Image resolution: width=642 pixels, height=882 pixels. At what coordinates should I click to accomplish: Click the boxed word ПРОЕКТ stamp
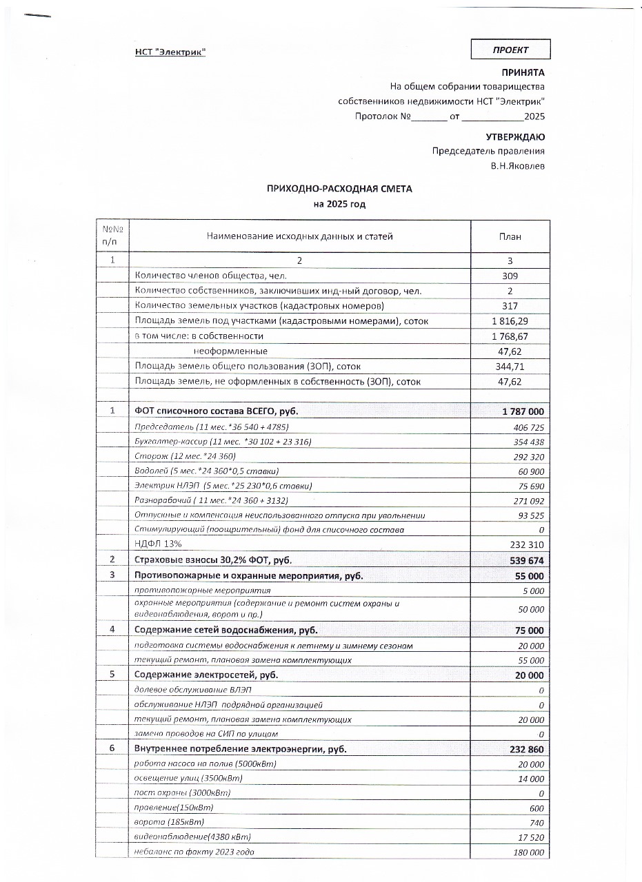[510, 50]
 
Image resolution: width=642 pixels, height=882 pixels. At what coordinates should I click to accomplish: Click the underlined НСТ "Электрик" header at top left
[170, 52]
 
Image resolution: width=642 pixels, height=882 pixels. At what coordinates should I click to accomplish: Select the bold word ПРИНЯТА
[523, 72]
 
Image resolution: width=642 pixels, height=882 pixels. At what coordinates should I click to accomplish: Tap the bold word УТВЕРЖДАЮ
[515, 137]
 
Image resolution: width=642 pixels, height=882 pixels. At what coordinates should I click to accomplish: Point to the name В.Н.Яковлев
[517, 165]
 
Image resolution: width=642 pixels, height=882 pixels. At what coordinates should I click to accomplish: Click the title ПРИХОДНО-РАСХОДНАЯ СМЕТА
[339, 189]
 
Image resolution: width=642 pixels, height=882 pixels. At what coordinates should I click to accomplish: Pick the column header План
[510, 236]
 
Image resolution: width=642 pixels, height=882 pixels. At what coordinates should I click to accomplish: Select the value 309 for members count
[510, 276]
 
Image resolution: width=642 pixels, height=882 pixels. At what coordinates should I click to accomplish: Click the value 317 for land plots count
[510, 306]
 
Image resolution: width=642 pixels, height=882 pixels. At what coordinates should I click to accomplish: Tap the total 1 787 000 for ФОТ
[523, 411]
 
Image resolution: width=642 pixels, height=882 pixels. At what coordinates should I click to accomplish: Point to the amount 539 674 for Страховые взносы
[526, 560]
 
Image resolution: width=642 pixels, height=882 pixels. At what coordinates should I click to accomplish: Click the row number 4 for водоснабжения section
[112, 630]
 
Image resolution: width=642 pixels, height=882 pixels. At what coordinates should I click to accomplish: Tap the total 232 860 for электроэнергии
[525, 749]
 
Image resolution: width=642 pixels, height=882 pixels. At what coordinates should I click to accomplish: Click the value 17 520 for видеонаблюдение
[530, 837]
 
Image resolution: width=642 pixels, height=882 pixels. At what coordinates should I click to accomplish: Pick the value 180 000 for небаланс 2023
[528, 853]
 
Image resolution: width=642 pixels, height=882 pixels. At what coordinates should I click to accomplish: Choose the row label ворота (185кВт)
[169, 823]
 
